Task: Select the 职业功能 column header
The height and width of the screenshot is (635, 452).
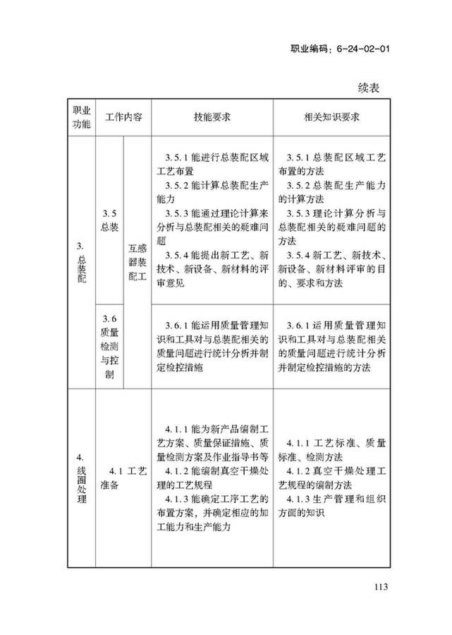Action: click(81, 117)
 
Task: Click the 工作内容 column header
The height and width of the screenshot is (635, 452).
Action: click(123, 117)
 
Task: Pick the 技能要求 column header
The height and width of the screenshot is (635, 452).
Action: click(212, 117)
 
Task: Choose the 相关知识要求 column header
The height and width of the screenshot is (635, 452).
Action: click(331, 117)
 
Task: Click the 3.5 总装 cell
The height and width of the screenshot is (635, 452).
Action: click(109, 220)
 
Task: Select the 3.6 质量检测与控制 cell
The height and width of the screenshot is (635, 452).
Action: click(109, 345)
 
